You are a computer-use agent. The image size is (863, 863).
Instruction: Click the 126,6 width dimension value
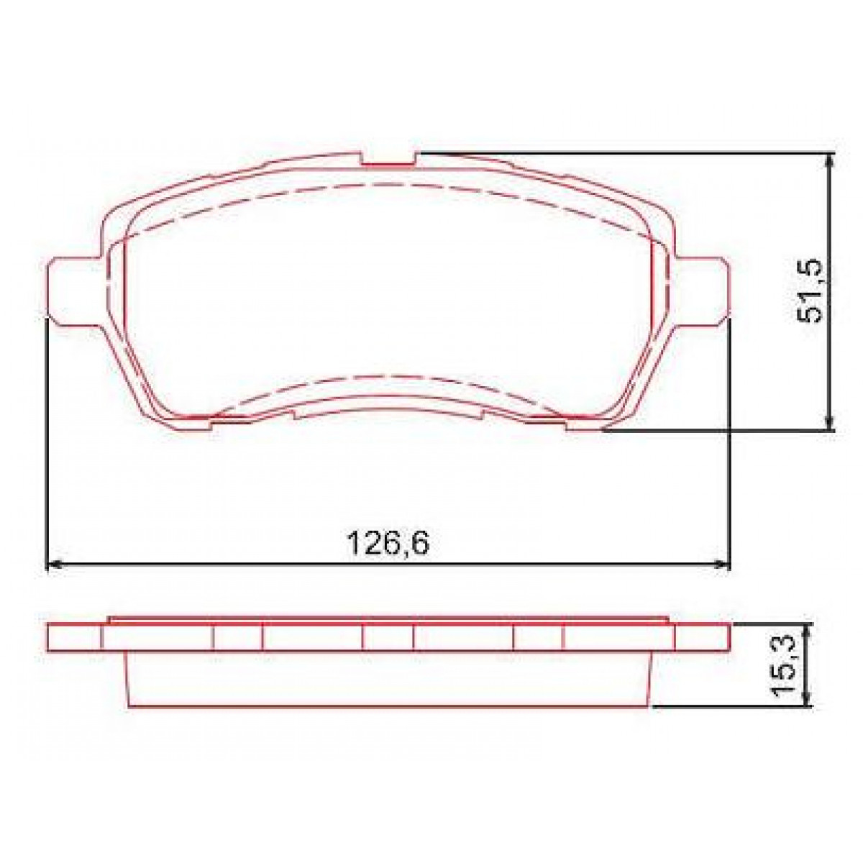(388, 543)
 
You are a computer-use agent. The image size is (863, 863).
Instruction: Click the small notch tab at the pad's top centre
(388, 159)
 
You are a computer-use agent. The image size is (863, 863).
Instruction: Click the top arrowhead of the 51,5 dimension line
(831, 160)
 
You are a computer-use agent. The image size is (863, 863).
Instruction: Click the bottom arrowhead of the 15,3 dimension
(809, 700)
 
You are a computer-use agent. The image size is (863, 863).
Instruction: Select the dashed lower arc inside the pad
(388, 378)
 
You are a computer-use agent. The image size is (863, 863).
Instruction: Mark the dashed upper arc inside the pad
(388, 185)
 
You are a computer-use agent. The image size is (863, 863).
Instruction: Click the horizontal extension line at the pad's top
(618, 153)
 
